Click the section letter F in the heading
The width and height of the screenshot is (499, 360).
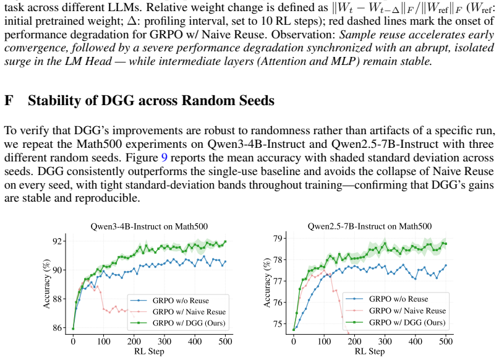(x=9, y=101)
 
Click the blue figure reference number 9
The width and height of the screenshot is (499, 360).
(x=164, y=158)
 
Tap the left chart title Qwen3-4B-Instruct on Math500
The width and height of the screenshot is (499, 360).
(x=149, y=226)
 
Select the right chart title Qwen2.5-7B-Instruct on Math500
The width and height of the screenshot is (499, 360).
(x=370, y=226)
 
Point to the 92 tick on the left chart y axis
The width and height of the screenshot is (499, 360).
(x=58, y=241)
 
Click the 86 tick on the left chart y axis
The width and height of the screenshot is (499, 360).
(x=58, y=328)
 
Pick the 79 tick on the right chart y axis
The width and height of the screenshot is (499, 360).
(x=278, y=238)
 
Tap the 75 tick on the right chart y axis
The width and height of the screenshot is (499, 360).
(x=278, y=324)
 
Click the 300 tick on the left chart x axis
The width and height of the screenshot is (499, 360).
(x=164, y=341)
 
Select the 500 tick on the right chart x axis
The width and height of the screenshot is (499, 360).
(x=446, y=341)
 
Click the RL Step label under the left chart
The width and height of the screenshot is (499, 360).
(x=149, y=351)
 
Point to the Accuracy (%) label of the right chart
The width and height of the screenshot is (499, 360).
(x=267, y=283)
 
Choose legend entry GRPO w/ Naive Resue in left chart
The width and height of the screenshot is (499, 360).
(x=189, y=312)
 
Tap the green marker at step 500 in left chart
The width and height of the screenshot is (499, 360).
(x=225, y=242)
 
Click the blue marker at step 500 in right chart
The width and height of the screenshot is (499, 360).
(x=446, y=265)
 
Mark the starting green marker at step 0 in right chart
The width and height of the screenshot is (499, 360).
(x=294, y=330)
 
